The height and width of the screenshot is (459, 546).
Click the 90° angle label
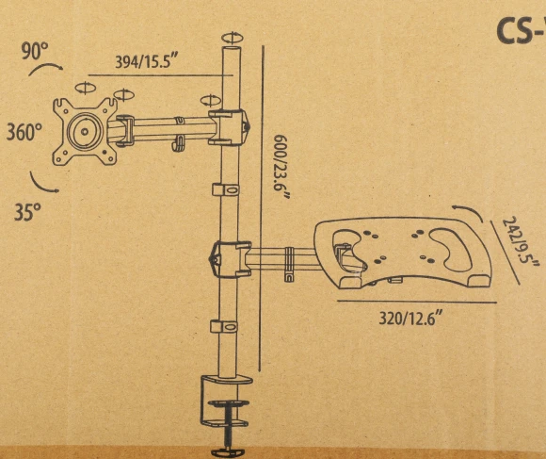point(35,51)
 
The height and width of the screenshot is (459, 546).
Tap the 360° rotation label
point(24,132)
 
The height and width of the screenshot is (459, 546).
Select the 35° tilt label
point(27,211)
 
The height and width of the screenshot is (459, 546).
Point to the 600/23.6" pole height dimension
point(281,167)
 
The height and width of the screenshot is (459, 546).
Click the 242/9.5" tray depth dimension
point(521,239)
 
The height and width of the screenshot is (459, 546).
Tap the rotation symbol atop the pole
point(233,38)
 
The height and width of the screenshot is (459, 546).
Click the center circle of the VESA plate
point(85,132)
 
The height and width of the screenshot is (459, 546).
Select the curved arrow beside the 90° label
point(46,67)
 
